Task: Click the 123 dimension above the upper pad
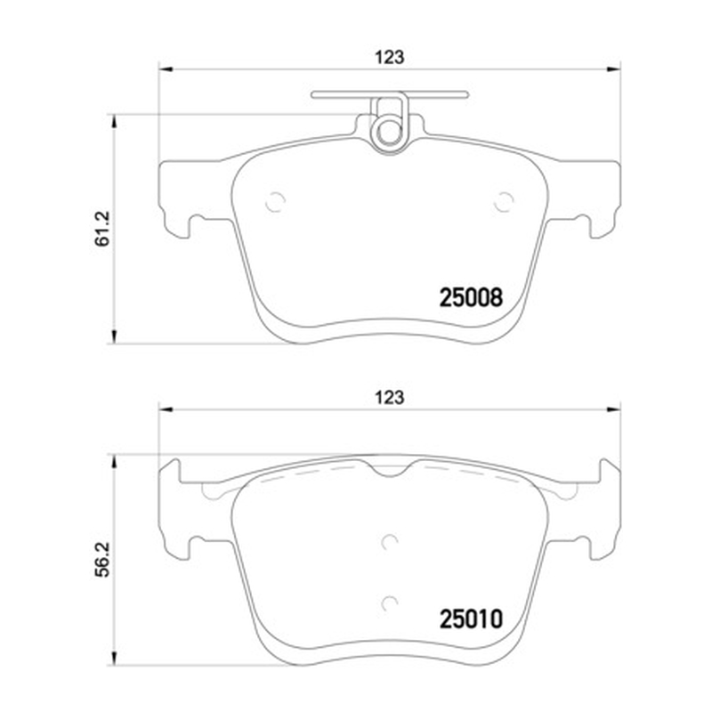389,58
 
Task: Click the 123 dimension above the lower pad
389,398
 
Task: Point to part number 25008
471,298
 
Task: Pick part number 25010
471,619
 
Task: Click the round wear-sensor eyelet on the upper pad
390,133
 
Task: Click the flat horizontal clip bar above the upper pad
390,94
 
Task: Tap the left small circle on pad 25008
275,202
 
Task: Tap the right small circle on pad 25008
504,202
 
